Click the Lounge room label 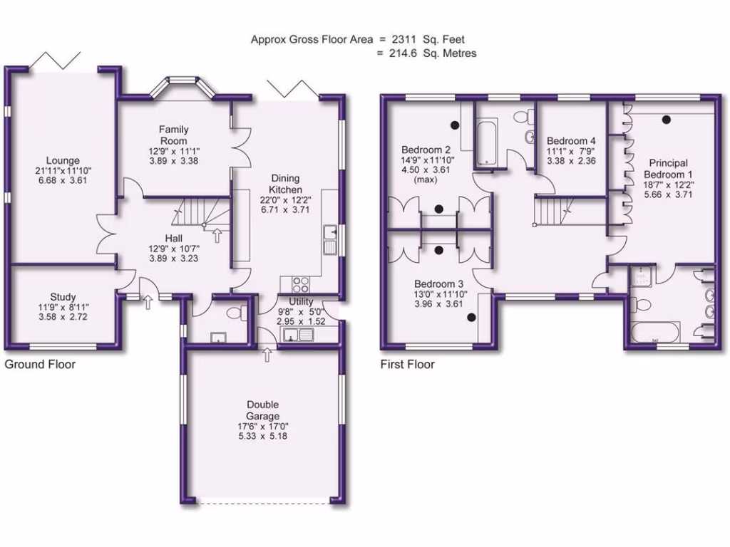[x=63, y=161]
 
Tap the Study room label [x=63, y=297]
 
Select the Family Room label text [x=174, y=135]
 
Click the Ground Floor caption [x=40, y=364]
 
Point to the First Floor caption [x=407, y=364]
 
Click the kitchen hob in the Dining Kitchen [x=294, y=281]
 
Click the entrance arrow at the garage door [x=267, y=353]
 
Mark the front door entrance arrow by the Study [x=148, y=303]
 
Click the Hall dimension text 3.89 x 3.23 [x=174, y=259]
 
